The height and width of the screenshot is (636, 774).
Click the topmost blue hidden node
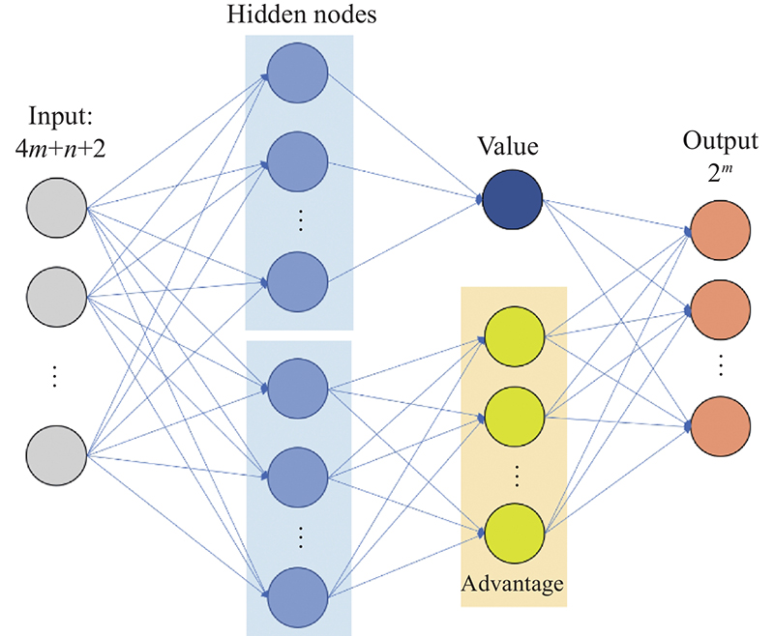pyautogui.click(x=298, y=73)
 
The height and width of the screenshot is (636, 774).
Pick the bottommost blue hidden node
pyautogui.click(x=298, y=600)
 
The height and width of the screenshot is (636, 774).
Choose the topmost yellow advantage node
pyautogui.click(x=514, y=336)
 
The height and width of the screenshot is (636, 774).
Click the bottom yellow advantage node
pyautogui.click(x=514, y=532)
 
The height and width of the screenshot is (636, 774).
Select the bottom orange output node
pyautogui.click(x=721, y=425)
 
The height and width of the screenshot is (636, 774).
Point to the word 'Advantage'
pyautogui.click(x=512, y=584)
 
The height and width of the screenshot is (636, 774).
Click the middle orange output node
pyautogui.click(x=721, y=309)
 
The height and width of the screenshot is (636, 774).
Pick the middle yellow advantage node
pyautogui.click(x=514, y=416)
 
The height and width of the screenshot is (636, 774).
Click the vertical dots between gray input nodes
pyautogui.click(x=55, y=375)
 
